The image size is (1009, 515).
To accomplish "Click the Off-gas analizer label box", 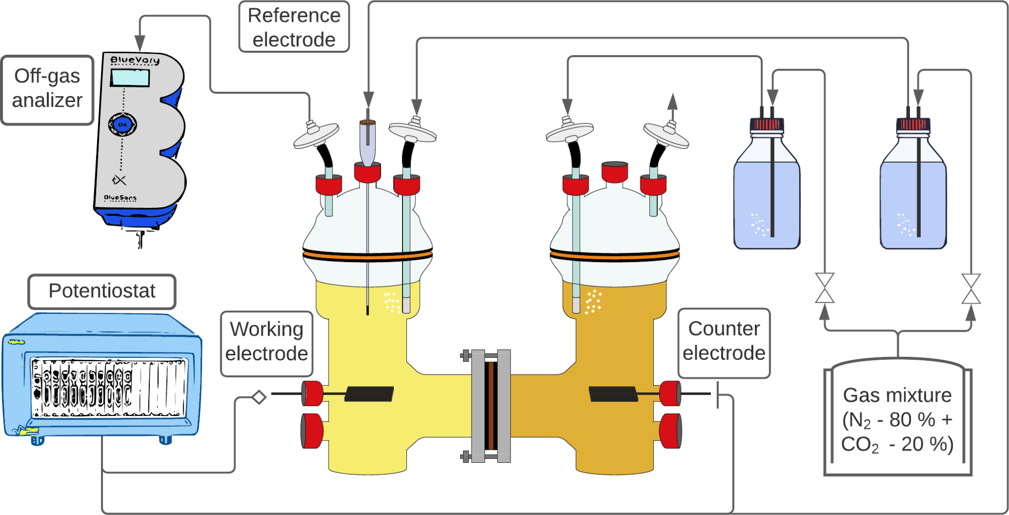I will (x=47, y=89).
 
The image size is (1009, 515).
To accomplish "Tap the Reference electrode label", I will (x=294, y=27).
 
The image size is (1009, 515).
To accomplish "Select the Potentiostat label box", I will (x=102, y=291).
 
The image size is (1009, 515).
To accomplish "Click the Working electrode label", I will (x=267, y=342).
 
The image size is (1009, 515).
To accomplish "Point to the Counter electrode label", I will (x=724, y=342).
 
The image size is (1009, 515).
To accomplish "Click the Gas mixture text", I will (x=897, y=419).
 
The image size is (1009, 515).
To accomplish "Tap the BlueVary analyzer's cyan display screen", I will (x=130, y=78).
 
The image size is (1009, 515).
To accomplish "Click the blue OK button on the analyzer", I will (x=122, y=125).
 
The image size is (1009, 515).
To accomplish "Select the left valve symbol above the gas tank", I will (x=824, y=288).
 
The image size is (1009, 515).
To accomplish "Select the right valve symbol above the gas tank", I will (x=971, y=289).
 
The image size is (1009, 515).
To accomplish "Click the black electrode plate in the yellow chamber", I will (x=369, y=394).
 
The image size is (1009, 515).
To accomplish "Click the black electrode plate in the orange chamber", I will (x=613, y=394).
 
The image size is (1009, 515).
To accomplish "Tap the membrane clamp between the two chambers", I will (x=491, y=406).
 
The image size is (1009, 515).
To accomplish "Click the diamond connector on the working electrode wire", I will (x=259, y=397).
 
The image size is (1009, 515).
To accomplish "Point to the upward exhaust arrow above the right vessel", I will (x=672, y=102).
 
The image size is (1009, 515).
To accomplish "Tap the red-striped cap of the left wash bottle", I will (x=767, y=124).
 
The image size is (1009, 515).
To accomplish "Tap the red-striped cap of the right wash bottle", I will (x=913, y=124).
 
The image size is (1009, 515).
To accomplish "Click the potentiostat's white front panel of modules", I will (x=108, y=388).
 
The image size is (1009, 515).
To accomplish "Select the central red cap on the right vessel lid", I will (x=614, y=172).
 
